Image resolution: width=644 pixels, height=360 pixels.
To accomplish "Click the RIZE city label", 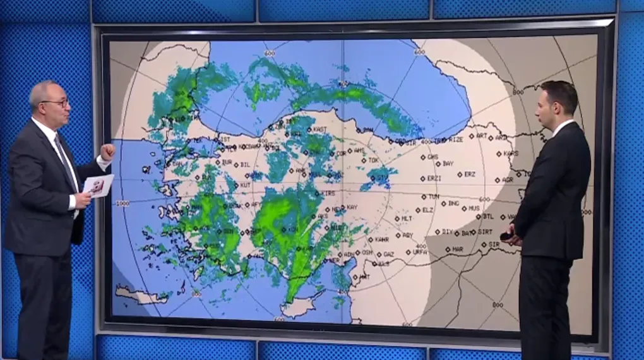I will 455,140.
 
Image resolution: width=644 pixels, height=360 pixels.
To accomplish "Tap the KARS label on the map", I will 511,153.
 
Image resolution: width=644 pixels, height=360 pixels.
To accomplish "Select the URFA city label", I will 420,251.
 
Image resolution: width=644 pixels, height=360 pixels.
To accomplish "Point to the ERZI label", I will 434,179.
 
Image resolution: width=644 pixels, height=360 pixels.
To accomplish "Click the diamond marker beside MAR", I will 448,249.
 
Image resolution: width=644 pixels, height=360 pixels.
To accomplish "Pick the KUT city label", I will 246,185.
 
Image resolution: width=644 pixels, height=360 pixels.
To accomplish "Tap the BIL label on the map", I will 246,165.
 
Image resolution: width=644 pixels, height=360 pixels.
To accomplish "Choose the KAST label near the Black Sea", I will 320,129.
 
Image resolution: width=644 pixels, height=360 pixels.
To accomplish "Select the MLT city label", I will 407,219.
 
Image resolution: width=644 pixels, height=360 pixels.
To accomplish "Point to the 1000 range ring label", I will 122,203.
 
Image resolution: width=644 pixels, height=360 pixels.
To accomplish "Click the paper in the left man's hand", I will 98,186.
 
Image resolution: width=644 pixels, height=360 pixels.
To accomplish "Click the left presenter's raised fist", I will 107,152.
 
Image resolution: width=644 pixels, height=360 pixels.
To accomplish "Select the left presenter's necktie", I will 65,160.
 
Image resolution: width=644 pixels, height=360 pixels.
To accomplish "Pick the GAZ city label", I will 388,255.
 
